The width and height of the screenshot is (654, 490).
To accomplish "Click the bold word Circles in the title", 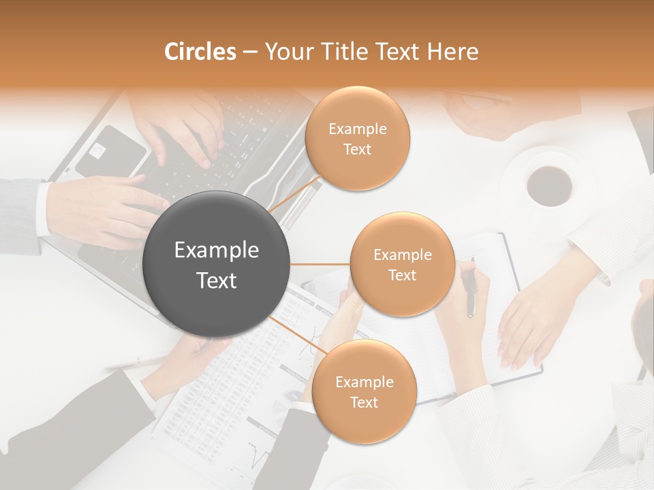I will [200, 52].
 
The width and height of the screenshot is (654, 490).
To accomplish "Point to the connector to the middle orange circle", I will [320, 264].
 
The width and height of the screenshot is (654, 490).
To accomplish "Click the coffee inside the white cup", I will [550, 184].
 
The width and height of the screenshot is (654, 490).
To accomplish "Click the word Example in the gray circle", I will [217, 250].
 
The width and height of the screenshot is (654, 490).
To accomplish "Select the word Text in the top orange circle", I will [358, 150].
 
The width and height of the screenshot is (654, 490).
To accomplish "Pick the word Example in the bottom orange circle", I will [364, 382].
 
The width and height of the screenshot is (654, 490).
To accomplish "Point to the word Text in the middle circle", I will [402, 276].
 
